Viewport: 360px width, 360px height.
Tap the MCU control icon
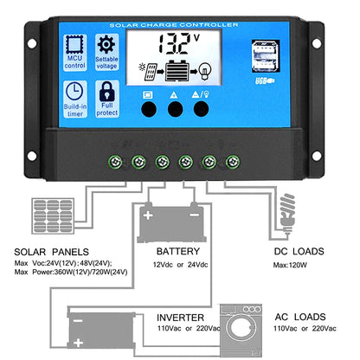click(74, 46)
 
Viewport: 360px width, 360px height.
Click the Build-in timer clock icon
click(74, 93)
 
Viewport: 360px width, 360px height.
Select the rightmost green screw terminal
click(231, 161)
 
